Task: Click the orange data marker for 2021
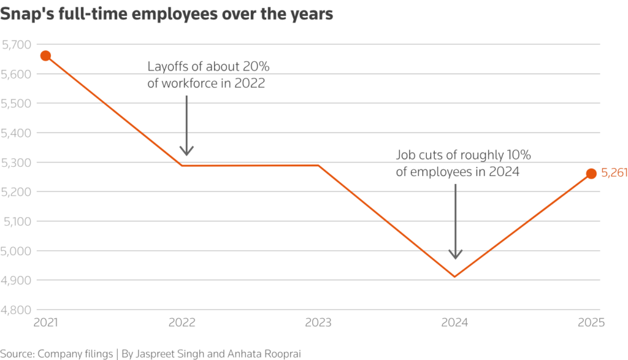(45, 56)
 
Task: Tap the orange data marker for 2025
(591, 174)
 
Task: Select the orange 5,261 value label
(613, 174)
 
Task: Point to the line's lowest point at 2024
(454, 277)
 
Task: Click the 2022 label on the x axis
(182, 323)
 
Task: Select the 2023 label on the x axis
(318, 323)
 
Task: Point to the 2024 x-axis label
(454, 323)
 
